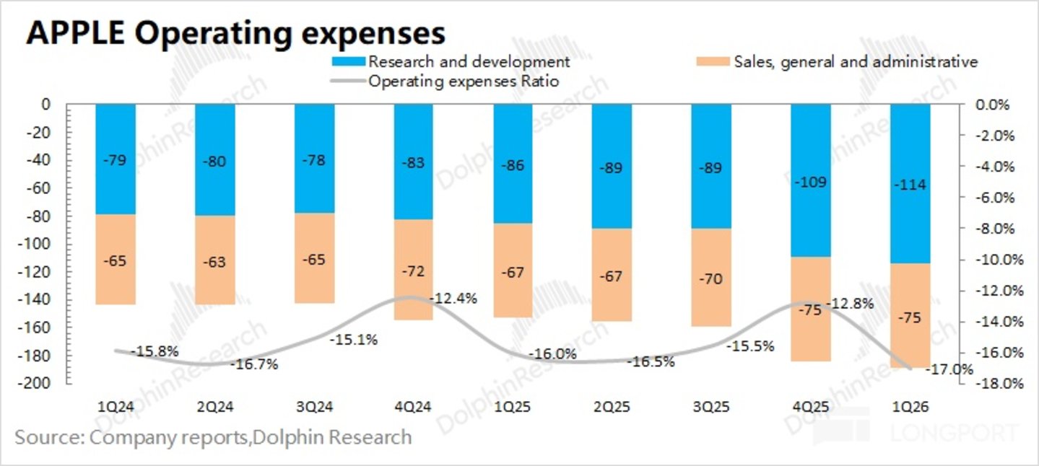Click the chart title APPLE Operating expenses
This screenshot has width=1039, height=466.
coord(235,33)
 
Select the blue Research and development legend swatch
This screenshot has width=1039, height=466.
coord(348,61)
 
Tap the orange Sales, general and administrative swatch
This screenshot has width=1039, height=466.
coord(713,61)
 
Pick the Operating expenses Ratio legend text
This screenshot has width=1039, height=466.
coord(464,82)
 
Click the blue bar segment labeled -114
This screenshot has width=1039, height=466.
coord(910,184)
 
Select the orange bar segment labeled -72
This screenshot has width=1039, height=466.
coord(413,270)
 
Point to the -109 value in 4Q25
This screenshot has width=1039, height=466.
coord(810,182)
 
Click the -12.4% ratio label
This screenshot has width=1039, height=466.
coord(453,299)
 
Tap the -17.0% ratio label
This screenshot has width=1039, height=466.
coord(949,369)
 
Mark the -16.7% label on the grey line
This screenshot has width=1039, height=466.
coord(254,364)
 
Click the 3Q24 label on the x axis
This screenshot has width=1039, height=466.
coord(315,407)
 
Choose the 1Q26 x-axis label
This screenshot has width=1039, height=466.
coord(910,407)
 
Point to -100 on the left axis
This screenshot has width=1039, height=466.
coord(33,244)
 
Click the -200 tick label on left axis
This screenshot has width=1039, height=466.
coord(33,383)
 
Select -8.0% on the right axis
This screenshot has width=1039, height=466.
coord(996,229)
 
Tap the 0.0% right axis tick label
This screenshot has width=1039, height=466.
coord(993,105)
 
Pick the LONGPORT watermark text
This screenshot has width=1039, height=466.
coord(955,434)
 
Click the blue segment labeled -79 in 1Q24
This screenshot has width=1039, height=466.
coord(116,159)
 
